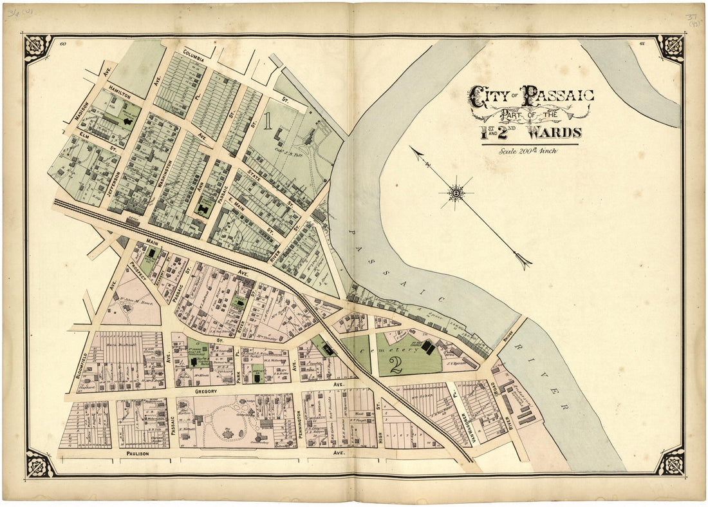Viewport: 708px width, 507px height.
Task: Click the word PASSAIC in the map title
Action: pyautogui.click(x=558, y=97)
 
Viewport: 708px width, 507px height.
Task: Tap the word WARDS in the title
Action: pyautogui.click(x=555, y=133)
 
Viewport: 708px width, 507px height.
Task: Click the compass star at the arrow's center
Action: pyautogui.click(x=456, y=192)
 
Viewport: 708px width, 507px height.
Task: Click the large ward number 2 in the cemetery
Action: pyautogui.click(x=396, y=365)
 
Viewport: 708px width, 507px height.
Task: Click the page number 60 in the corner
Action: pyautogui.click(x=62, y=44)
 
